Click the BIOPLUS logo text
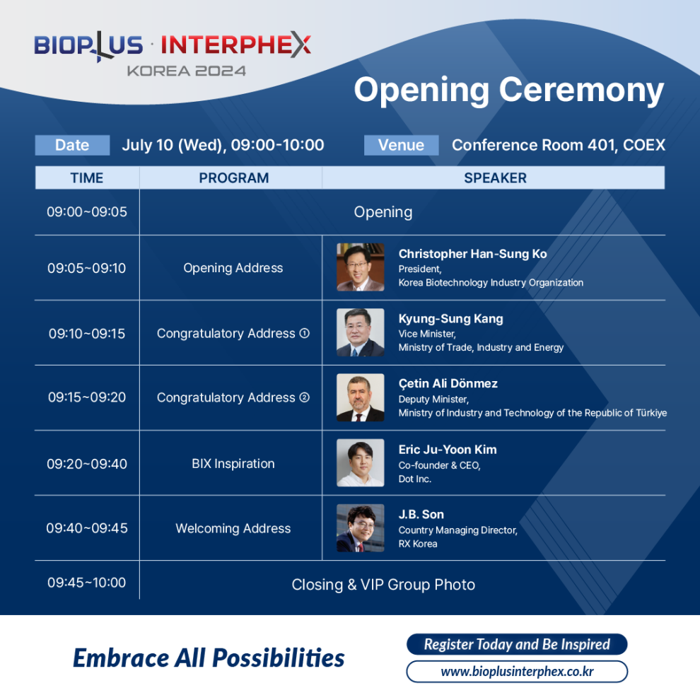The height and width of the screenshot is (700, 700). tap(88, 45)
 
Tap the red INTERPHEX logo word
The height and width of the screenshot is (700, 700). tap(235, 45)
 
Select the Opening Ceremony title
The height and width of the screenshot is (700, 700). tap(509, 91)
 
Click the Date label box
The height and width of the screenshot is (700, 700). tap(72, 145)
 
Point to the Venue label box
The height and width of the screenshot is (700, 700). tap(402, 145)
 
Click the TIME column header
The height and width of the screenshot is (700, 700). tap(87, 177)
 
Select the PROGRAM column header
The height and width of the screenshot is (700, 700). tap(233, 177)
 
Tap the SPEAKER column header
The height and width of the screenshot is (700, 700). tap(495, 177)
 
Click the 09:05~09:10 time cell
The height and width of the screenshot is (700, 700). tap(86, 268)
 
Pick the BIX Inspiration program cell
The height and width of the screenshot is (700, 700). tap(233, 463)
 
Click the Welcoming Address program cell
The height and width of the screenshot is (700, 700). tap(233, 528)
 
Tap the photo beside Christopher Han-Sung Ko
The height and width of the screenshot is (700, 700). tap(361, 267)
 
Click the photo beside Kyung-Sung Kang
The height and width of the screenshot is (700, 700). tap(361, 332)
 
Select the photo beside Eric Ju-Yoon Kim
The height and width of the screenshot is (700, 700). tap(361, 462)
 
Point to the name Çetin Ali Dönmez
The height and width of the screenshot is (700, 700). tap(448, 383)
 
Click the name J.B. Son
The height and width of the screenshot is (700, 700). tap(421, 514)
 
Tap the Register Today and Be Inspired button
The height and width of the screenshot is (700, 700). tap(517, 644)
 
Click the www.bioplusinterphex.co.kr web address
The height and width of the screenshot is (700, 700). tap(517, 672)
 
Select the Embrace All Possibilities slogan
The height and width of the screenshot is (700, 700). tap(209, 658)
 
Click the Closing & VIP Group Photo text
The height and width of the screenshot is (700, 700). tap(383, 584)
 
